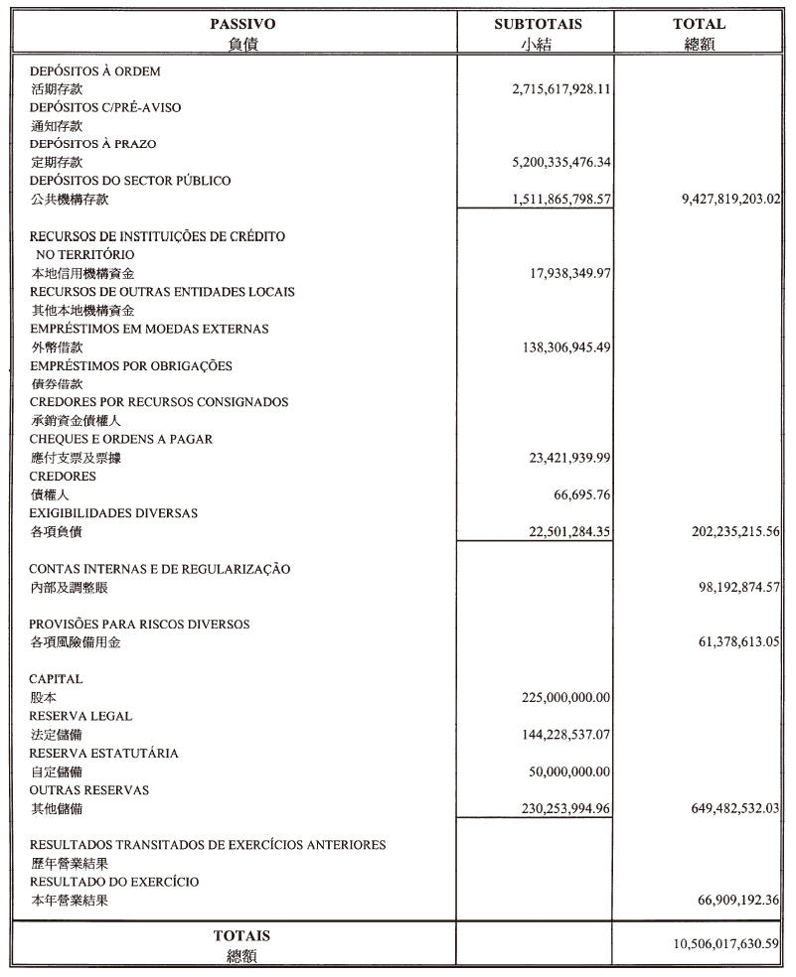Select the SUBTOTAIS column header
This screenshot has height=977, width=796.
point(538,24)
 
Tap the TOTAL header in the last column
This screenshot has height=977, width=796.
point(699,24)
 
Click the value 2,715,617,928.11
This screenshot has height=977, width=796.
point(560,88)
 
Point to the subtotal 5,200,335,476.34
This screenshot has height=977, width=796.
point(560,162)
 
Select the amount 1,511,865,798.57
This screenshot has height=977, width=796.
point(560,199)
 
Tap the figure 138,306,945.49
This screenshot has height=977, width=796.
point(564,348)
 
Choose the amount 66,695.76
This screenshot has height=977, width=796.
point(581,494)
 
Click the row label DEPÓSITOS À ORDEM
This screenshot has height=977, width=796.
point(94,71)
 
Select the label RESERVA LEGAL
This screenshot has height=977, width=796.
point(80,716)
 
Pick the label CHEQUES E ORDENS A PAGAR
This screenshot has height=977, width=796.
point(120,439)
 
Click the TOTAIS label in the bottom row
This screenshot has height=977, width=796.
point(241,935)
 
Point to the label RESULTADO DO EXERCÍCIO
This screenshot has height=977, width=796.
point(113,882)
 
